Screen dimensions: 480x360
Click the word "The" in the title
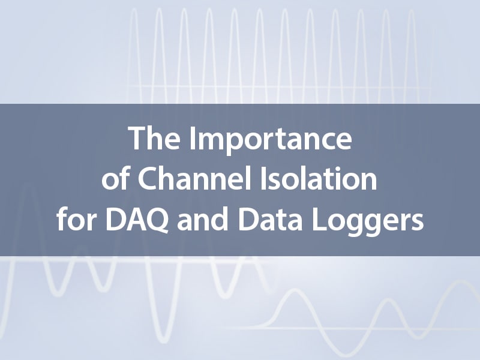[154, 138]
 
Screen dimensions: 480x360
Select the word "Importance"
[271, 141]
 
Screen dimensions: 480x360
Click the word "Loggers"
[368, 222]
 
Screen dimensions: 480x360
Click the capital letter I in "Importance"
[193, 138]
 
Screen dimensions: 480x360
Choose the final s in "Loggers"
[417, 222]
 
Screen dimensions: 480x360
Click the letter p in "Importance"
[238, 144]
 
